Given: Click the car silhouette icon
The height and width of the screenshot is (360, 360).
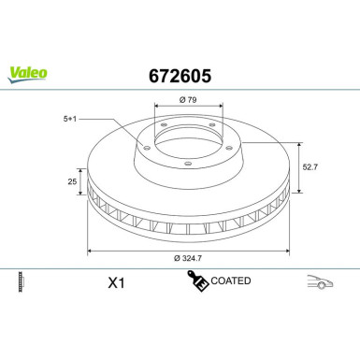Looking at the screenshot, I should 321,281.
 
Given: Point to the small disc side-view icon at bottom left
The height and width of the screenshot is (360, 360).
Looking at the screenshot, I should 21,281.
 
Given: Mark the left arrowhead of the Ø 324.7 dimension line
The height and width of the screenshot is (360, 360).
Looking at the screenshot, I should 90,252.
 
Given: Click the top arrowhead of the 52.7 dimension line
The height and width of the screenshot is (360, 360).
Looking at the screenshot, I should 299,143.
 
